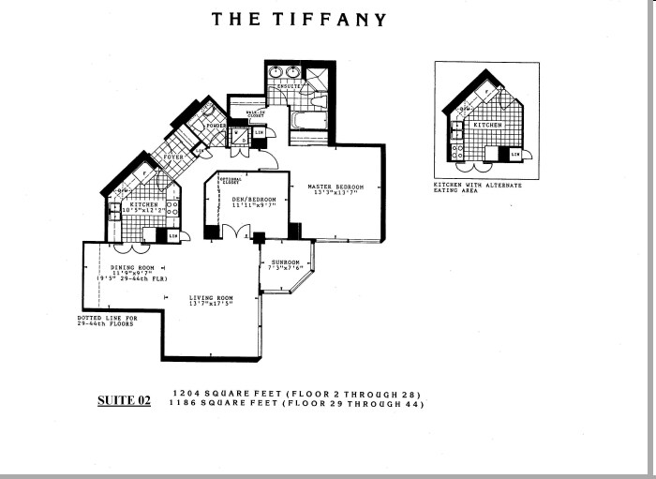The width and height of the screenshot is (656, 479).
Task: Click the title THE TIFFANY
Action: point(297,18)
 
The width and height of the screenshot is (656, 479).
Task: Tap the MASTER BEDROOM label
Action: point(335,187)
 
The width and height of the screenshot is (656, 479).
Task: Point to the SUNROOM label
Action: point(284,262)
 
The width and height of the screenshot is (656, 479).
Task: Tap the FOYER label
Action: point(174,157)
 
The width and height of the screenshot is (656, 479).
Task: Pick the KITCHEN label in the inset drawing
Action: point(486,125)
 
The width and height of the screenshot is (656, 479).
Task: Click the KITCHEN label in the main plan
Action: point(143,204)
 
